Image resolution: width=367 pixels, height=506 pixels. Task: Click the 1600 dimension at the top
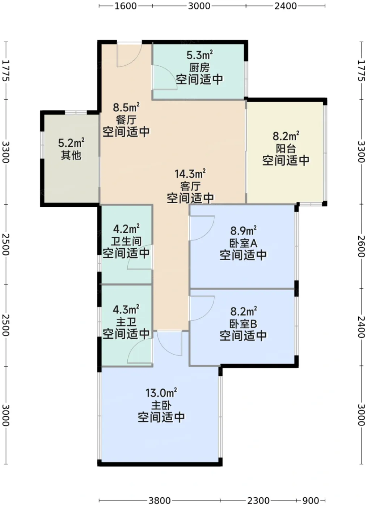coord(126,6)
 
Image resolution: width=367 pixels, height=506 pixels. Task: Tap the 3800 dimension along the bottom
coord(159,501)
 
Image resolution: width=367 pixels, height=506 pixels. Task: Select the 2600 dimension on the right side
coord(361,246)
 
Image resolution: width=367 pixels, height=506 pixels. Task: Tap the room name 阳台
coord(286,149)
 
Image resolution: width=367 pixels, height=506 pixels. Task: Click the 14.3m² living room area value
coord(190,174)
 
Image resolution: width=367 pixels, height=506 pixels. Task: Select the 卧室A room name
coord(243,243)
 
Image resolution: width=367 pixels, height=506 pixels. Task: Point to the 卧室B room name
coord(243,324)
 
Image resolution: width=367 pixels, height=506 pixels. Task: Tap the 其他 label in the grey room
coord(71,155)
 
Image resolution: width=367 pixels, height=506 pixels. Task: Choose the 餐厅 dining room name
coord(126,120)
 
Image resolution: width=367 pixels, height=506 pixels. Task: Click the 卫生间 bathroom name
coord(126,241)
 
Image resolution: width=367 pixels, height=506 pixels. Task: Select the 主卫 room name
coord(126,322)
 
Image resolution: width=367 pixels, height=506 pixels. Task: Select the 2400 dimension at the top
coord(286,6)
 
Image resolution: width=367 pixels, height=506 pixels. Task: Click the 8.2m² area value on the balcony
coord(286,136)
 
